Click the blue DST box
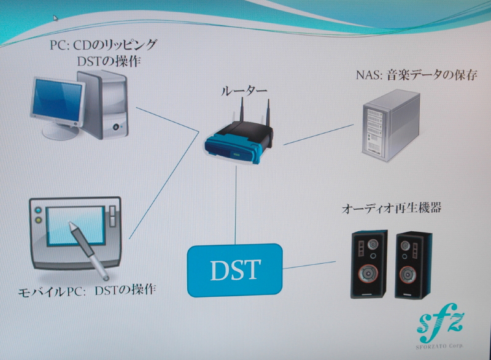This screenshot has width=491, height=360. tap(235, 270)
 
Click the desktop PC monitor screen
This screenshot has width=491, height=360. tap(58, 100)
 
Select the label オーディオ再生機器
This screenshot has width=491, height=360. tap(392, 209)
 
